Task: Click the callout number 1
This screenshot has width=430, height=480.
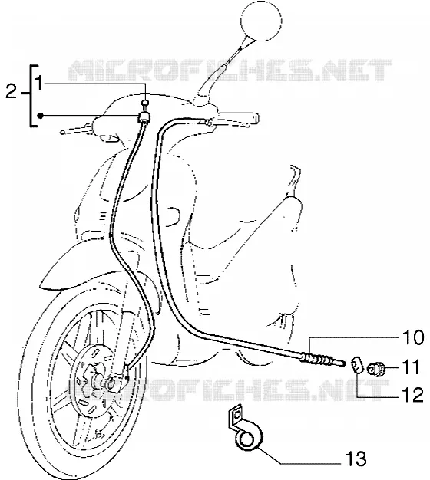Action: (x=38, y=83)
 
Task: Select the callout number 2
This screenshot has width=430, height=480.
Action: (x=11, y=91)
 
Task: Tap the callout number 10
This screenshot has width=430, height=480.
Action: (x=412, y=337)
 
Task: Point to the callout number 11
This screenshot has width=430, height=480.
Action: (x=410, y=367)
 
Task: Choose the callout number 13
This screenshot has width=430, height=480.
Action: (x=356, y=459)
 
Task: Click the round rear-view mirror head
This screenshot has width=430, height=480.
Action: (x=261, y=21)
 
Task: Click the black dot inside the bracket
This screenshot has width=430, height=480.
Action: (x=40, y=116)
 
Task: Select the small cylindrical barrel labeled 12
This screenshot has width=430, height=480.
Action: (x=357, y=365)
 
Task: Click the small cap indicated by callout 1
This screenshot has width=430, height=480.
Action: (x=146, y=103)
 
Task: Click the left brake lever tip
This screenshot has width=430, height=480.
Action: (x=62, y=132)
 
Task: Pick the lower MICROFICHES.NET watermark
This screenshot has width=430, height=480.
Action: (x=227, y=390)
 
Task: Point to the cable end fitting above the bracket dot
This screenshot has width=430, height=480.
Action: (x=144, y=117)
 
